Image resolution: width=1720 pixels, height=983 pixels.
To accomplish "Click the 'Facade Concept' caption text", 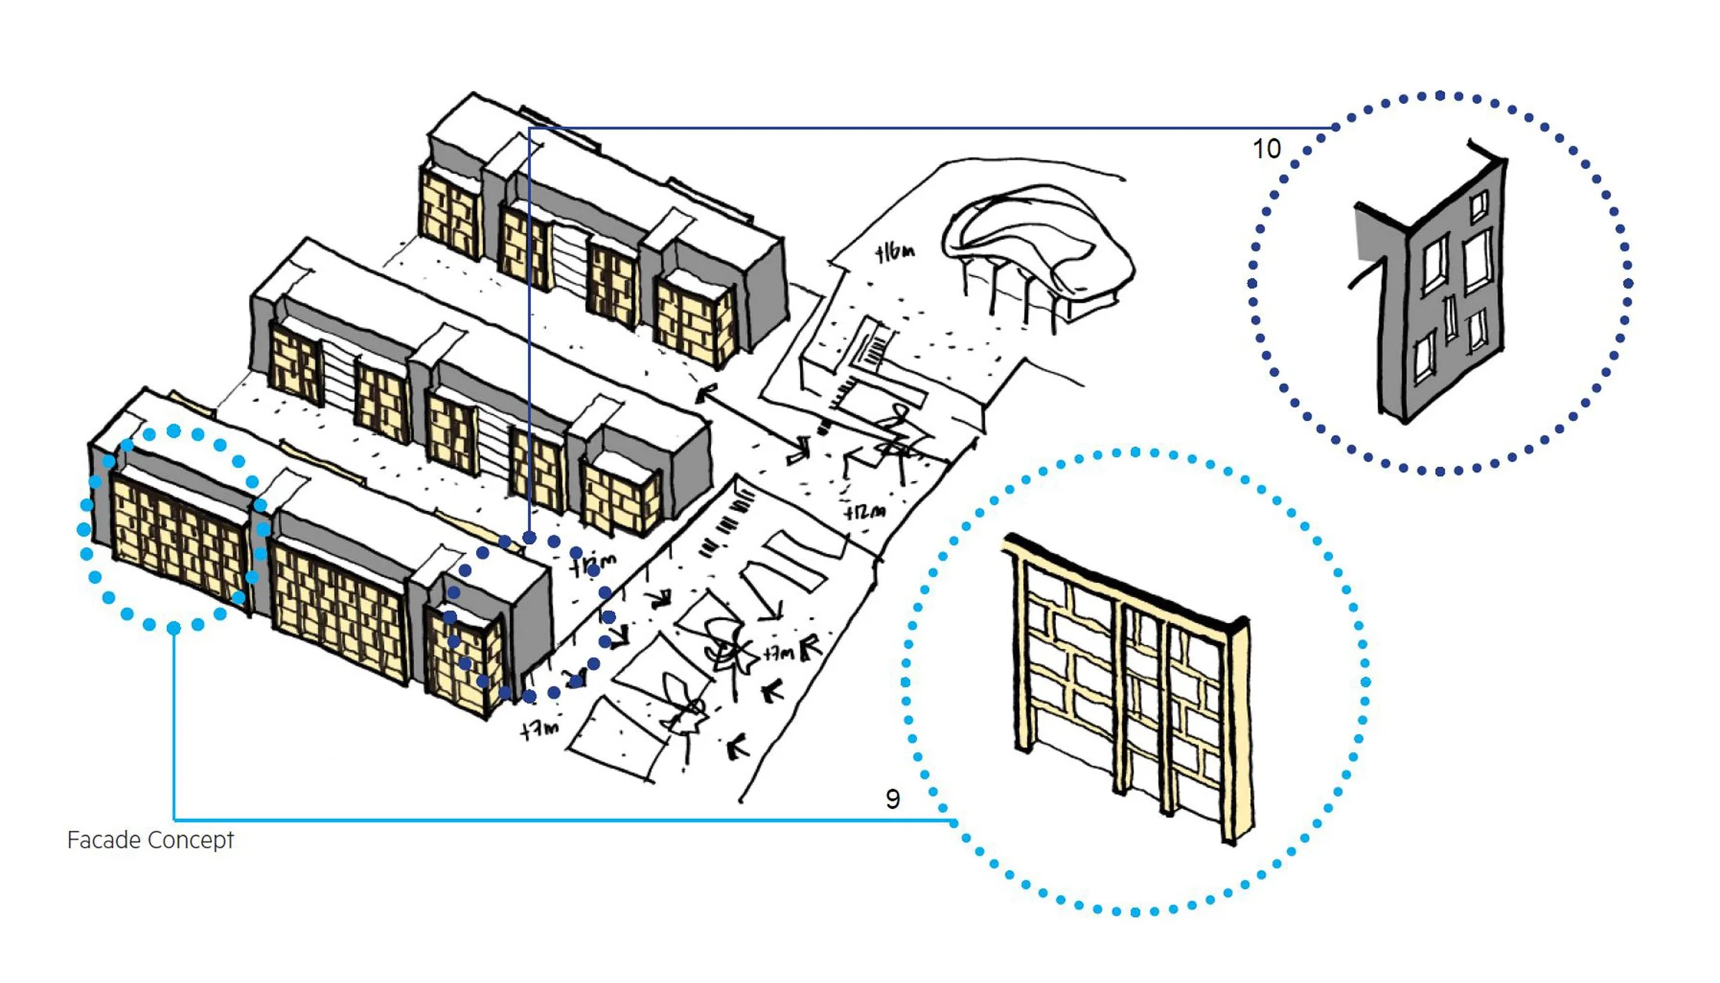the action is tap(150, 840).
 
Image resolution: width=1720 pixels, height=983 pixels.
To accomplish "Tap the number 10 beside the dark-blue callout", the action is tap(1267, 149).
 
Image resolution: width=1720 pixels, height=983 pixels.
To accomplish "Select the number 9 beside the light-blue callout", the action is tap(892, 799).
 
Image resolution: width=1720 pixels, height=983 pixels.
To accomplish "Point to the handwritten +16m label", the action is tap(895, 253).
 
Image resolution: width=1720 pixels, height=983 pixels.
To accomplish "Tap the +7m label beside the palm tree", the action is tap(780, 652).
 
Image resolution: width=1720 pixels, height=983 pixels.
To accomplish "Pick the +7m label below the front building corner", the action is tap(539, 729).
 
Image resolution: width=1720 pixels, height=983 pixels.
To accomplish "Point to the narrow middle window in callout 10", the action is tap(1450, 318).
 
